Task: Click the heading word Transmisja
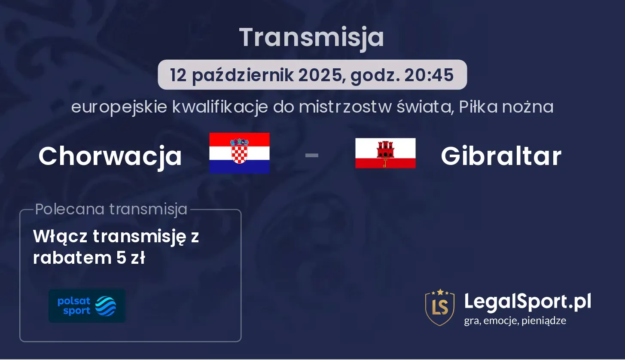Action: click(312, 38)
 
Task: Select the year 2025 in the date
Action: click(320, 75)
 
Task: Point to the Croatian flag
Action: click(239, 153)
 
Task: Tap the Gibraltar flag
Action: click(385, 153)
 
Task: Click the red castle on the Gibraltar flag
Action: click(385, 149)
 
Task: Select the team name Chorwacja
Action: click(110, 156)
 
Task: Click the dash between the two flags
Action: click(312, 155)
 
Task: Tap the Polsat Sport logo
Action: click(87, 306)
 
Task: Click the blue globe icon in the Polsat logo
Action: click(106, 306)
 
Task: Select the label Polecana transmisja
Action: click(111, 209)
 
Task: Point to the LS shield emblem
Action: click(440, 307)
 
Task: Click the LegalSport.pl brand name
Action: click(527, 302)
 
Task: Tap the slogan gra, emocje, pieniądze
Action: click(515, 320)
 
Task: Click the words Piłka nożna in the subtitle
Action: click(506, 107)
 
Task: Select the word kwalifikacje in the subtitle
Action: click(220, 107)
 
